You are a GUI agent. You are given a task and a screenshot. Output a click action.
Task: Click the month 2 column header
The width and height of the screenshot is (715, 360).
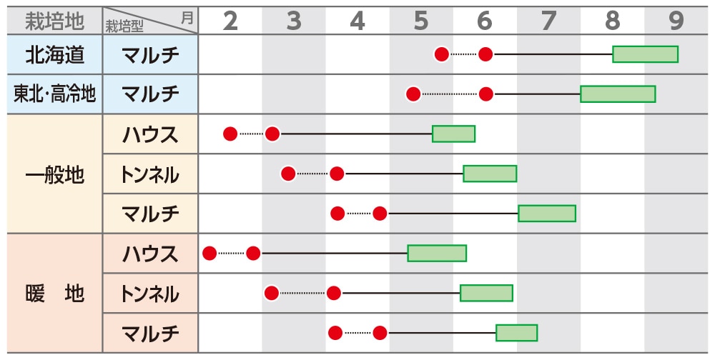click(x=230, y=21)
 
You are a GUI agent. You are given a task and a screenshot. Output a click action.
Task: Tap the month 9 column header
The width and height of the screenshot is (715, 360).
click(x=676, y=21)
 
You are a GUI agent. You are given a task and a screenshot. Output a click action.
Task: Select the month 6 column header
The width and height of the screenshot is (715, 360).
click(x=485, y=21)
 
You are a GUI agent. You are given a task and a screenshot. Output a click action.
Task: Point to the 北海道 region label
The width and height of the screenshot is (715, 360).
click(x=54, y=54)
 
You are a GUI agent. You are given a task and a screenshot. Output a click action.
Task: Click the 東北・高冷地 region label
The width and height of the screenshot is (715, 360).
click(x=54, y=94)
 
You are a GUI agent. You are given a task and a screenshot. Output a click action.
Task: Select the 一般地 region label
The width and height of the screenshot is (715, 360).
click(x=54, y=174)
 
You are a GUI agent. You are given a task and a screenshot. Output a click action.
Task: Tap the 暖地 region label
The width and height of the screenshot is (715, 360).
click(x=54, y=293)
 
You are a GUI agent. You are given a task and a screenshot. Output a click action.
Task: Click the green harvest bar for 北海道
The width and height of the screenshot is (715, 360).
click(x=645, y=54)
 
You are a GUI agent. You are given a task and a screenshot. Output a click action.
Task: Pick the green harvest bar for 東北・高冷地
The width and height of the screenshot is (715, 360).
click(x=618, y=94)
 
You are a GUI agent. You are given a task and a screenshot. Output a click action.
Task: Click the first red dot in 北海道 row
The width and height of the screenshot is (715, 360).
click(x=442, y=54)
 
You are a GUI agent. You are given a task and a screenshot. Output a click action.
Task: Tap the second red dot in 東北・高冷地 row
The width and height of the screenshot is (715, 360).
click(x=485, y=94)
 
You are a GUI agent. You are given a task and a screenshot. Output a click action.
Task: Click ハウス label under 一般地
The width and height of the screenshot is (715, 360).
click(x=150, y=134)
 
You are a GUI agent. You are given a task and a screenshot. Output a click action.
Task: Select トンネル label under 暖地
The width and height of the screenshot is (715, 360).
click(x=150, y=293)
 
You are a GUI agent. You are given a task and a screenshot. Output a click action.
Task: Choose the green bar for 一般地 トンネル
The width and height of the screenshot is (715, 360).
click(x=490, y=174)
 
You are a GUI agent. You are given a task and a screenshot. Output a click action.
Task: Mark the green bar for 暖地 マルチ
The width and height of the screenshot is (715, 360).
click(x=516, y=333)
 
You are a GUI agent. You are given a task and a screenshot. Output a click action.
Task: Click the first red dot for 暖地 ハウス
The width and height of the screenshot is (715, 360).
click(x=209, y=253)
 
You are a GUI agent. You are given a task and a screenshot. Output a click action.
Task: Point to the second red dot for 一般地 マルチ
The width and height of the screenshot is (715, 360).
click(x=380, y=213)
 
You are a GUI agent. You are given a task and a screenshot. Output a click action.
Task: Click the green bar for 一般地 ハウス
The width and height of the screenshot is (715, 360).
click(x=453, y=134)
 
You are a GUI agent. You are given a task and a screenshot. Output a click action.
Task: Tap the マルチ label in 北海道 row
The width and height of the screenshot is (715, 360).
click(x=150, y=54)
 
